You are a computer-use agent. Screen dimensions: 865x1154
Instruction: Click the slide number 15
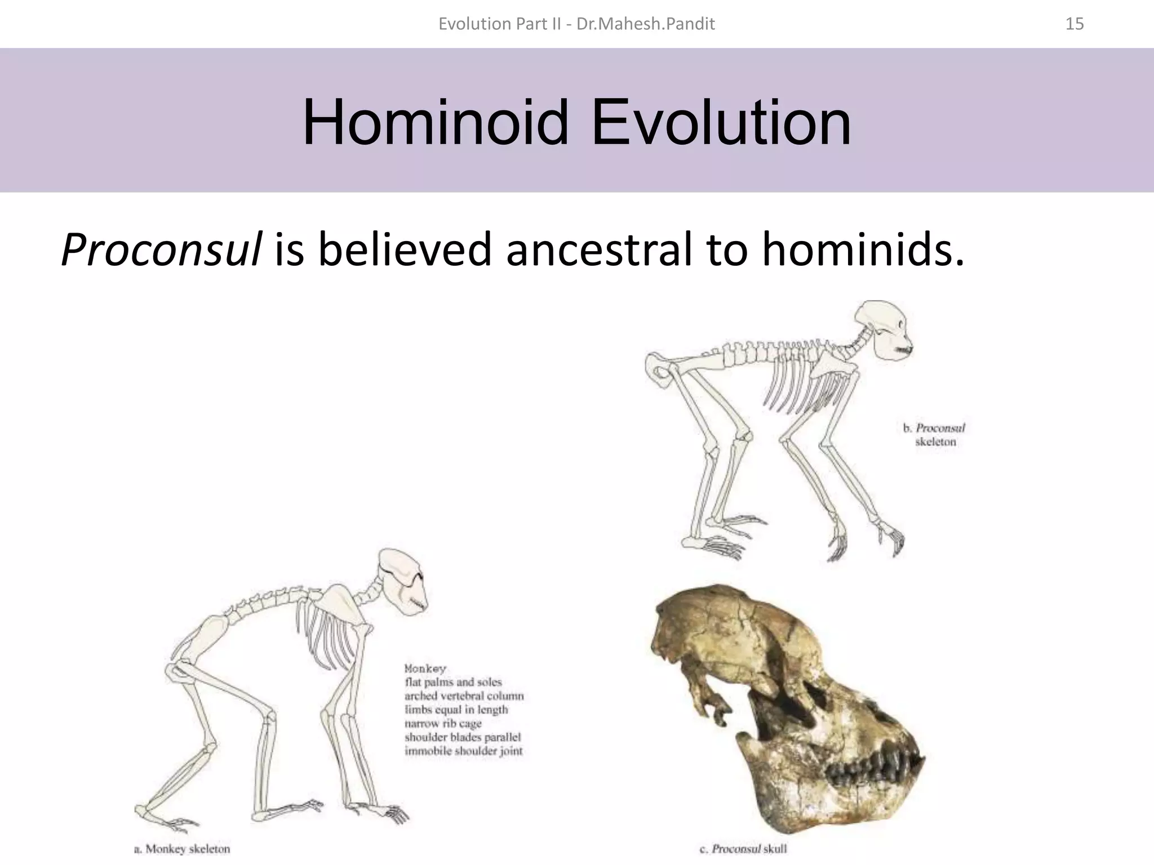click(1075, 24)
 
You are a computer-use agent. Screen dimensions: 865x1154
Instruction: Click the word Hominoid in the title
click(435, 122)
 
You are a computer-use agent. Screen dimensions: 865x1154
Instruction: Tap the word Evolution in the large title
click(721, 122)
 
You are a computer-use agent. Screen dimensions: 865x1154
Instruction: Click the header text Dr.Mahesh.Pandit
click(646, 24)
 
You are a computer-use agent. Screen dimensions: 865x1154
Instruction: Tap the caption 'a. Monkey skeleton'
click(182, 849)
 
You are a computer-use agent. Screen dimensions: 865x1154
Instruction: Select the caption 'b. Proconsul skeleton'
click(935, 435)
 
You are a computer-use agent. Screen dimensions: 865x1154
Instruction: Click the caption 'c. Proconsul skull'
click(743, 849)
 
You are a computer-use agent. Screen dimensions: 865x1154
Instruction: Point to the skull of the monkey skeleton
click(401, 581)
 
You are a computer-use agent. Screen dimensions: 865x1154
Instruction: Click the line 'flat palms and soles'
click(453, 682)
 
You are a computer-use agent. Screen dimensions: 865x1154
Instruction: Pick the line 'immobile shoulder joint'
click(463, 751)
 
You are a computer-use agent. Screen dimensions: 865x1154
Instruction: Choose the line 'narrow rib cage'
click(443, 723)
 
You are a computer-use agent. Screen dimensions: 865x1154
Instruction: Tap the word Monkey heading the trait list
click(425, 668)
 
